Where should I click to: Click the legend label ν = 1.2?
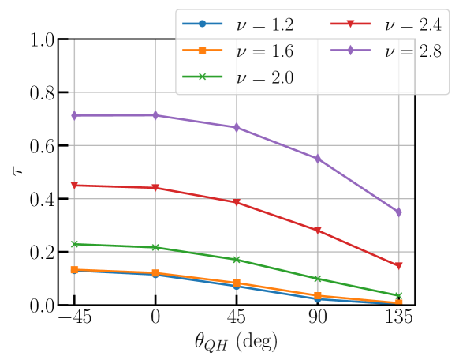pyautogui.click(x=264, y=25)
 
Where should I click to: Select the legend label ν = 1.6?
pyautogui.click(x=264, y=51)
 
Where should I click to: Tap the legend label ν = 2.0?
pyautogui.click(x=264, y=77)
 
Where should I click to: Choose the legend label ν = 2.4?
pyautogui.click(x=412, y=25)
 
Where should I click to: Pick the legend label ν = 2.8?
pyautogui.click(x=412, y=51)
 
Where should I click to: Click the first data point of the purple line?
pyautogui.click(x=74, y=115)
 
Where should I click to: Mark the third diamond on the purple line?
pyautogui.click(x=237, y=127)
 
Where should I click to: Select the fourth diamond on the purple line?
pyautogui.click(x=317, y=159)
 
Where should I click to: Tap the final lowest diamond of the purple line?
pyautogui.click(x=398, y=212)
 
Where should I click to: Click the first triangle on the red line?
pyautogui.click(x=74, y=186)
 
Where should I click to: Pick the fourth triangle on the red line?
pyautogui.click(x=317, y=231)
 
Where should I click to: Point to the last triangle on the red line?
pyautogui.click(x=398, y=266)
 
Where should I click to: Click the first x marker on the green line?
pyautogui.click(x=74, y=244)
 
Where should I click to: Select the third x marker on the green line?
pyautogui.click(x=237, y=260)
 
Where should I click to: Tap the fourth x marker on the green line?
pyautogui.click(x=317, y=279)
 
